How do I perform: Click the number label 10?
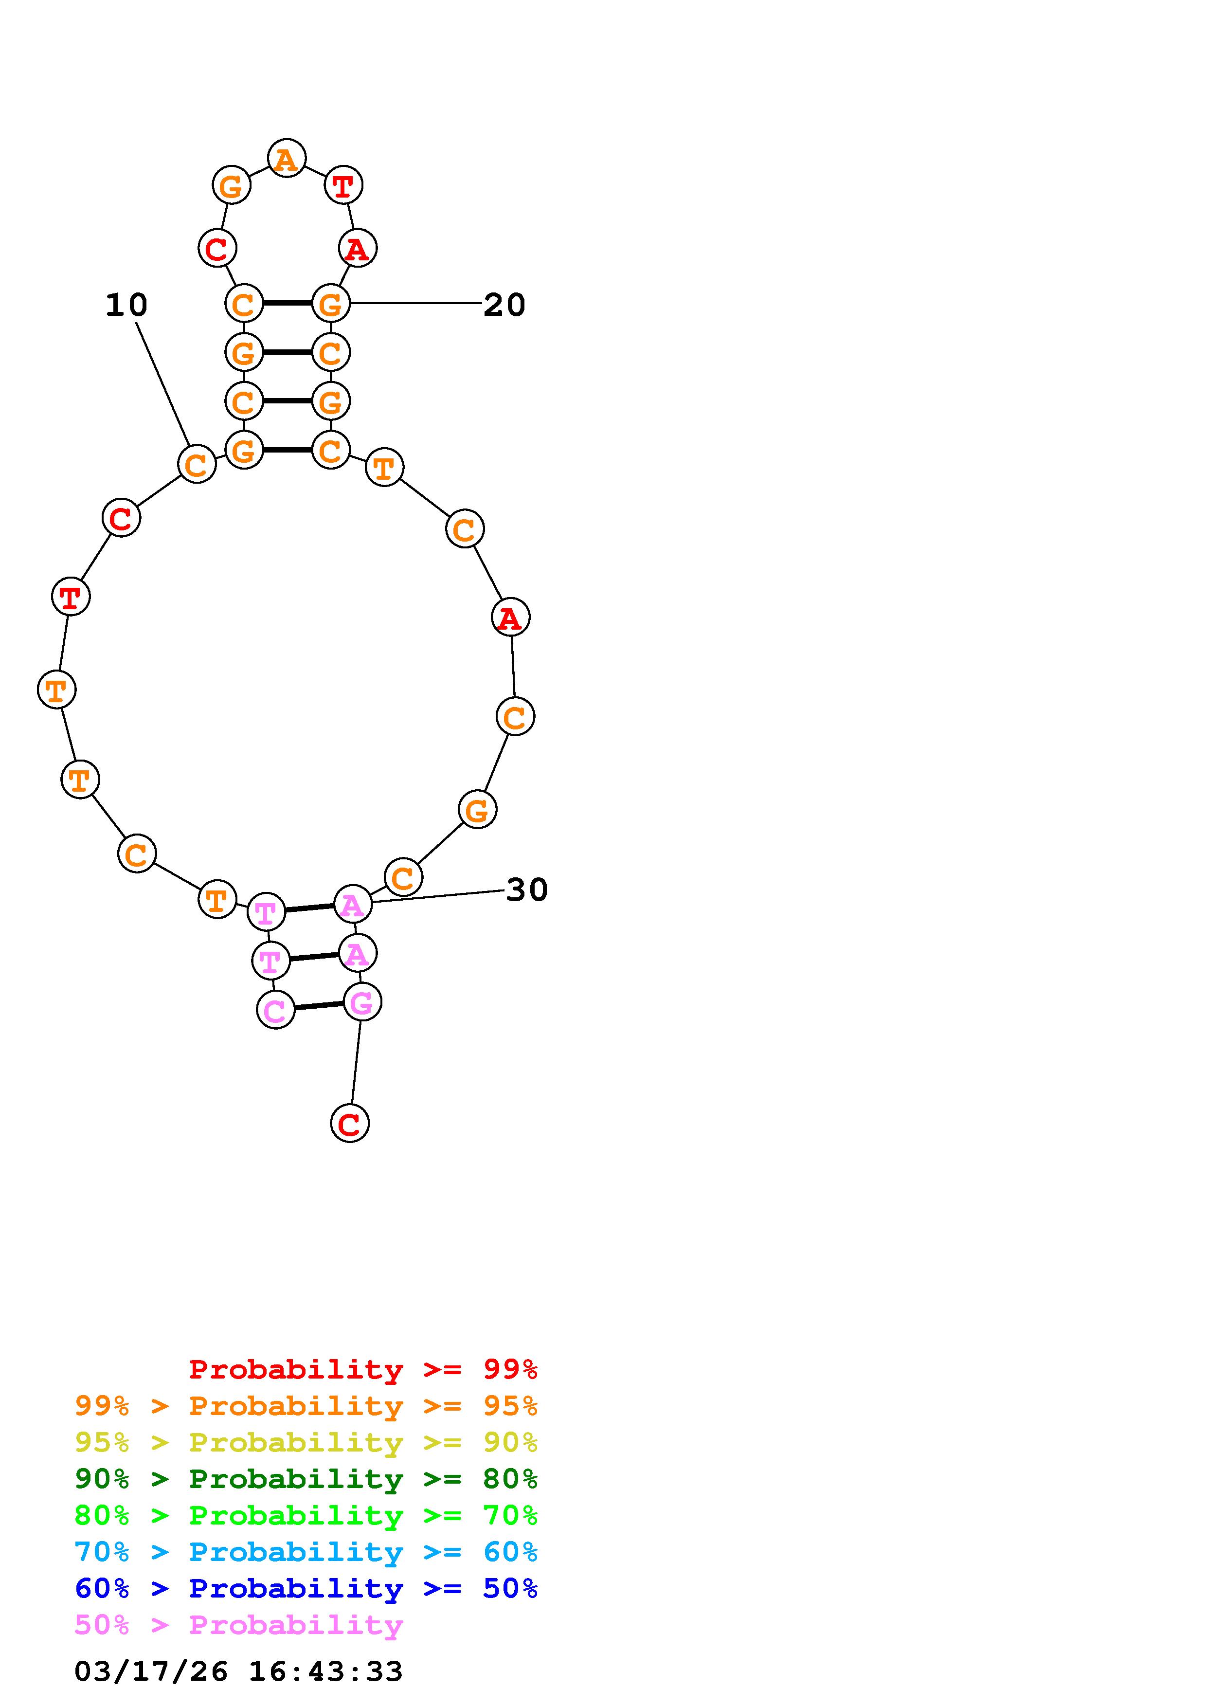(126, 305)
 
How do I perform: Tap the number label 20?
(504, 305)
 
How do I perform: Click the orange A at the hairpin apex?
(287, 158)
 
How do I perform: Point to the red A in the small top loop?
(358, 248)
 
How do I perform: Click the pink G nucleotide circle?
(362, 1002)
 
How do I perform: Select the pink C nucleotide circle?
(275, 1010)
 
